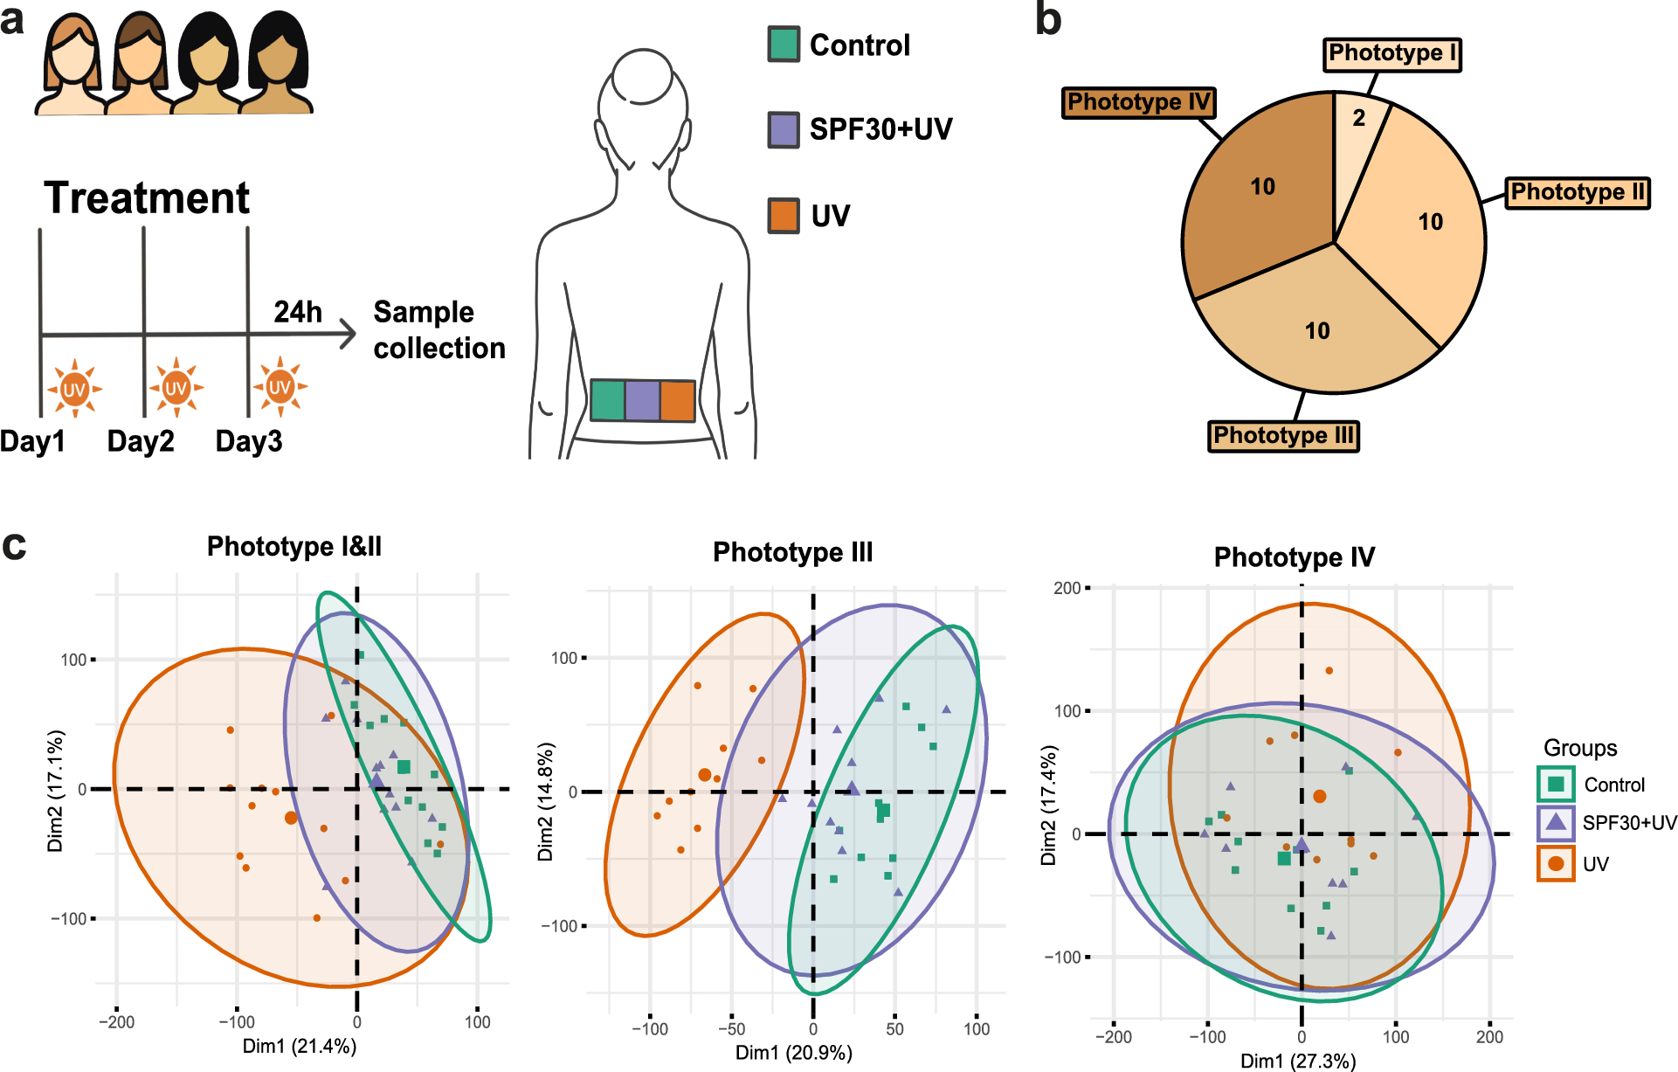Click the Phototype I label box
tap(1391, 54)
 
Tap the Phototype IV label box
tap(1138, 102)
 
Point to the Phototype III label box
tap(1283, 435)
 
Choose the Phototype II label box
tap(1578, 192)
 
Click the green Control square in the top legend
tap(784, 45)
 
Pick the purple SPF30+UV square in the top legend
tap(784, 129)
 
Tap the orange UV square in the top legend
tap(784, 216)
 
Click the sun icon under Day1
tap(74, 388)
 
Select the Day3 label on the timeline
tap(249, 441)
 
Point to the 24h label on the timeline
tap(298, 312)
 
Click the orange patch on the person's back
tap(677, 401)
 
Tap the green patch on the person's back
tap(608, 400)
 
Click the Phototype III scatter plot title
tap(792, 552)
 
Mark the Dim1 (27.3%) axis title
tap(1298, 1061)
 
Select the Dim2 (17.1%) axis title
tap(56, 791)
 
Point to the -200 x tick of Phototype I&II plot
tap(116, 1022)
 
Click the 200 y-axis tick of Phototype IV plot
tap(1067, 588)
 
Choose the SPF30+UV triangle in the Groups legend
tap(1556, 822)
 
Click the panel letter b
tap(1048, 19)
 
